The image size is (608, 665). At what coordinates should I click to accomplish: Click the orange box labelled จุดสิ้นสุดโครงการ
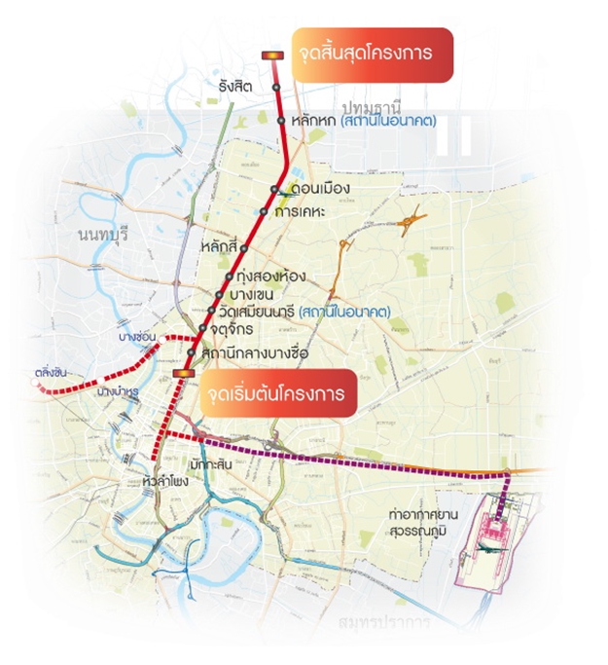click(x=372, y=55)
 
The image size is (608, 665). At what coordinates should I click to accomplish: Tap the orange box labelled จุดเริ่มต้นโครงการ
click(x=278, y=394)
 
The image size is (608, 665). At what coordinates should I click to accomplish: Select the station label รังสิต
click(x=236, y=88)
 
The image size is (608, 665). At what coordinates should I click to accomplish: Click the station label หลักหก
click(x=309, y=122)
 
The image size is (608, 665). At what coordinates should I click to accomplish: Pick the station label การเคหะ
click(x=301, y=210)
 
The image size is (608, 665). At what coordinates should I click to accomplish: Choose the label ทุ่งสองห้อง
click(x=265, y=277)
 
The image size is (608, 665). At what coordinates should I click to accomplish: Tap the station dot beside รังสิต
click(x=276, y=88)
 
